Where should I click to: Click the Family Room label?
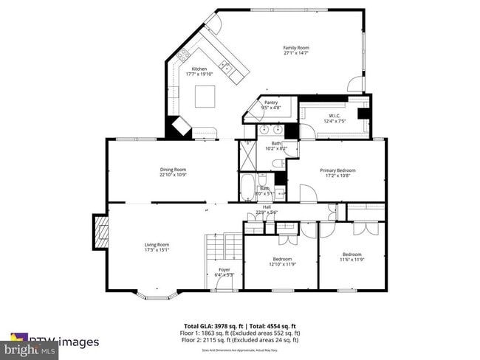coord(295,48)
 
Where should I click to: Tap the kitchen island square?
coord(205,96)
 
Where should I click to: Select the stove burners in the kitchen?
coord(182,52)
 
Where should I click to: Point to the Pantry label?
coord(271,103)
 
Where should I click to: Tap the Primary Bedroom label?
coord(337,170)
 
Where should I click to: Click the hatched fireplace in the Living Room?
coord(102,231)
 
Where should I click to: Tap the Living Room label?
coord(157,244)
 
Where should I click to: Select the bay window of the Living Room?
coord(156,296)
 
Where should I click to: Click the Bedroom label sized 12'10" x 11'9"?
coord(281,259)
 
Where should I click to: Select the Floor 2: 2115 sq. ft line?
coord(239,339)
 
